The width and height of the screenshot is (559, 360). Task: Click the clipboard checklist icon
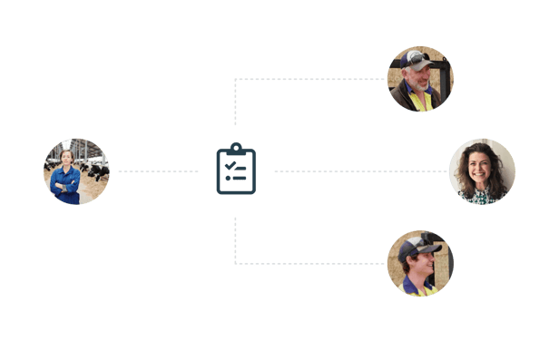[236, 170]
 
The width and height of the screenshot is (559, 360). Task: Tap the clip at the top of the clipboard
[236, 148]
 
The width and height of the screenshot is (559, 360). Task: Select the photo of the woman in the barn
[76, 170]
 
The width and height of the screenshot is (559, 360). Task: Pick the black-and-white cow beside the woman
[93, 168]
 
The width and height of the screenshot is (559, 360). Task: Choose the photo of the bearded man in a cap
[420, 79]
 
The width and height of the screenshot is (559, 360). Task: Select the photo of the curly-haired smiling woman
[482, 170]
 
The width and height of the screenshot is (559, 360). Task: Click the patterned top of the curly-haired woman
[482, 197]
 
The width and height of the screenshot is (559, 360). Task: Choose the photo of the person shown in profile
[420, 263]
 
